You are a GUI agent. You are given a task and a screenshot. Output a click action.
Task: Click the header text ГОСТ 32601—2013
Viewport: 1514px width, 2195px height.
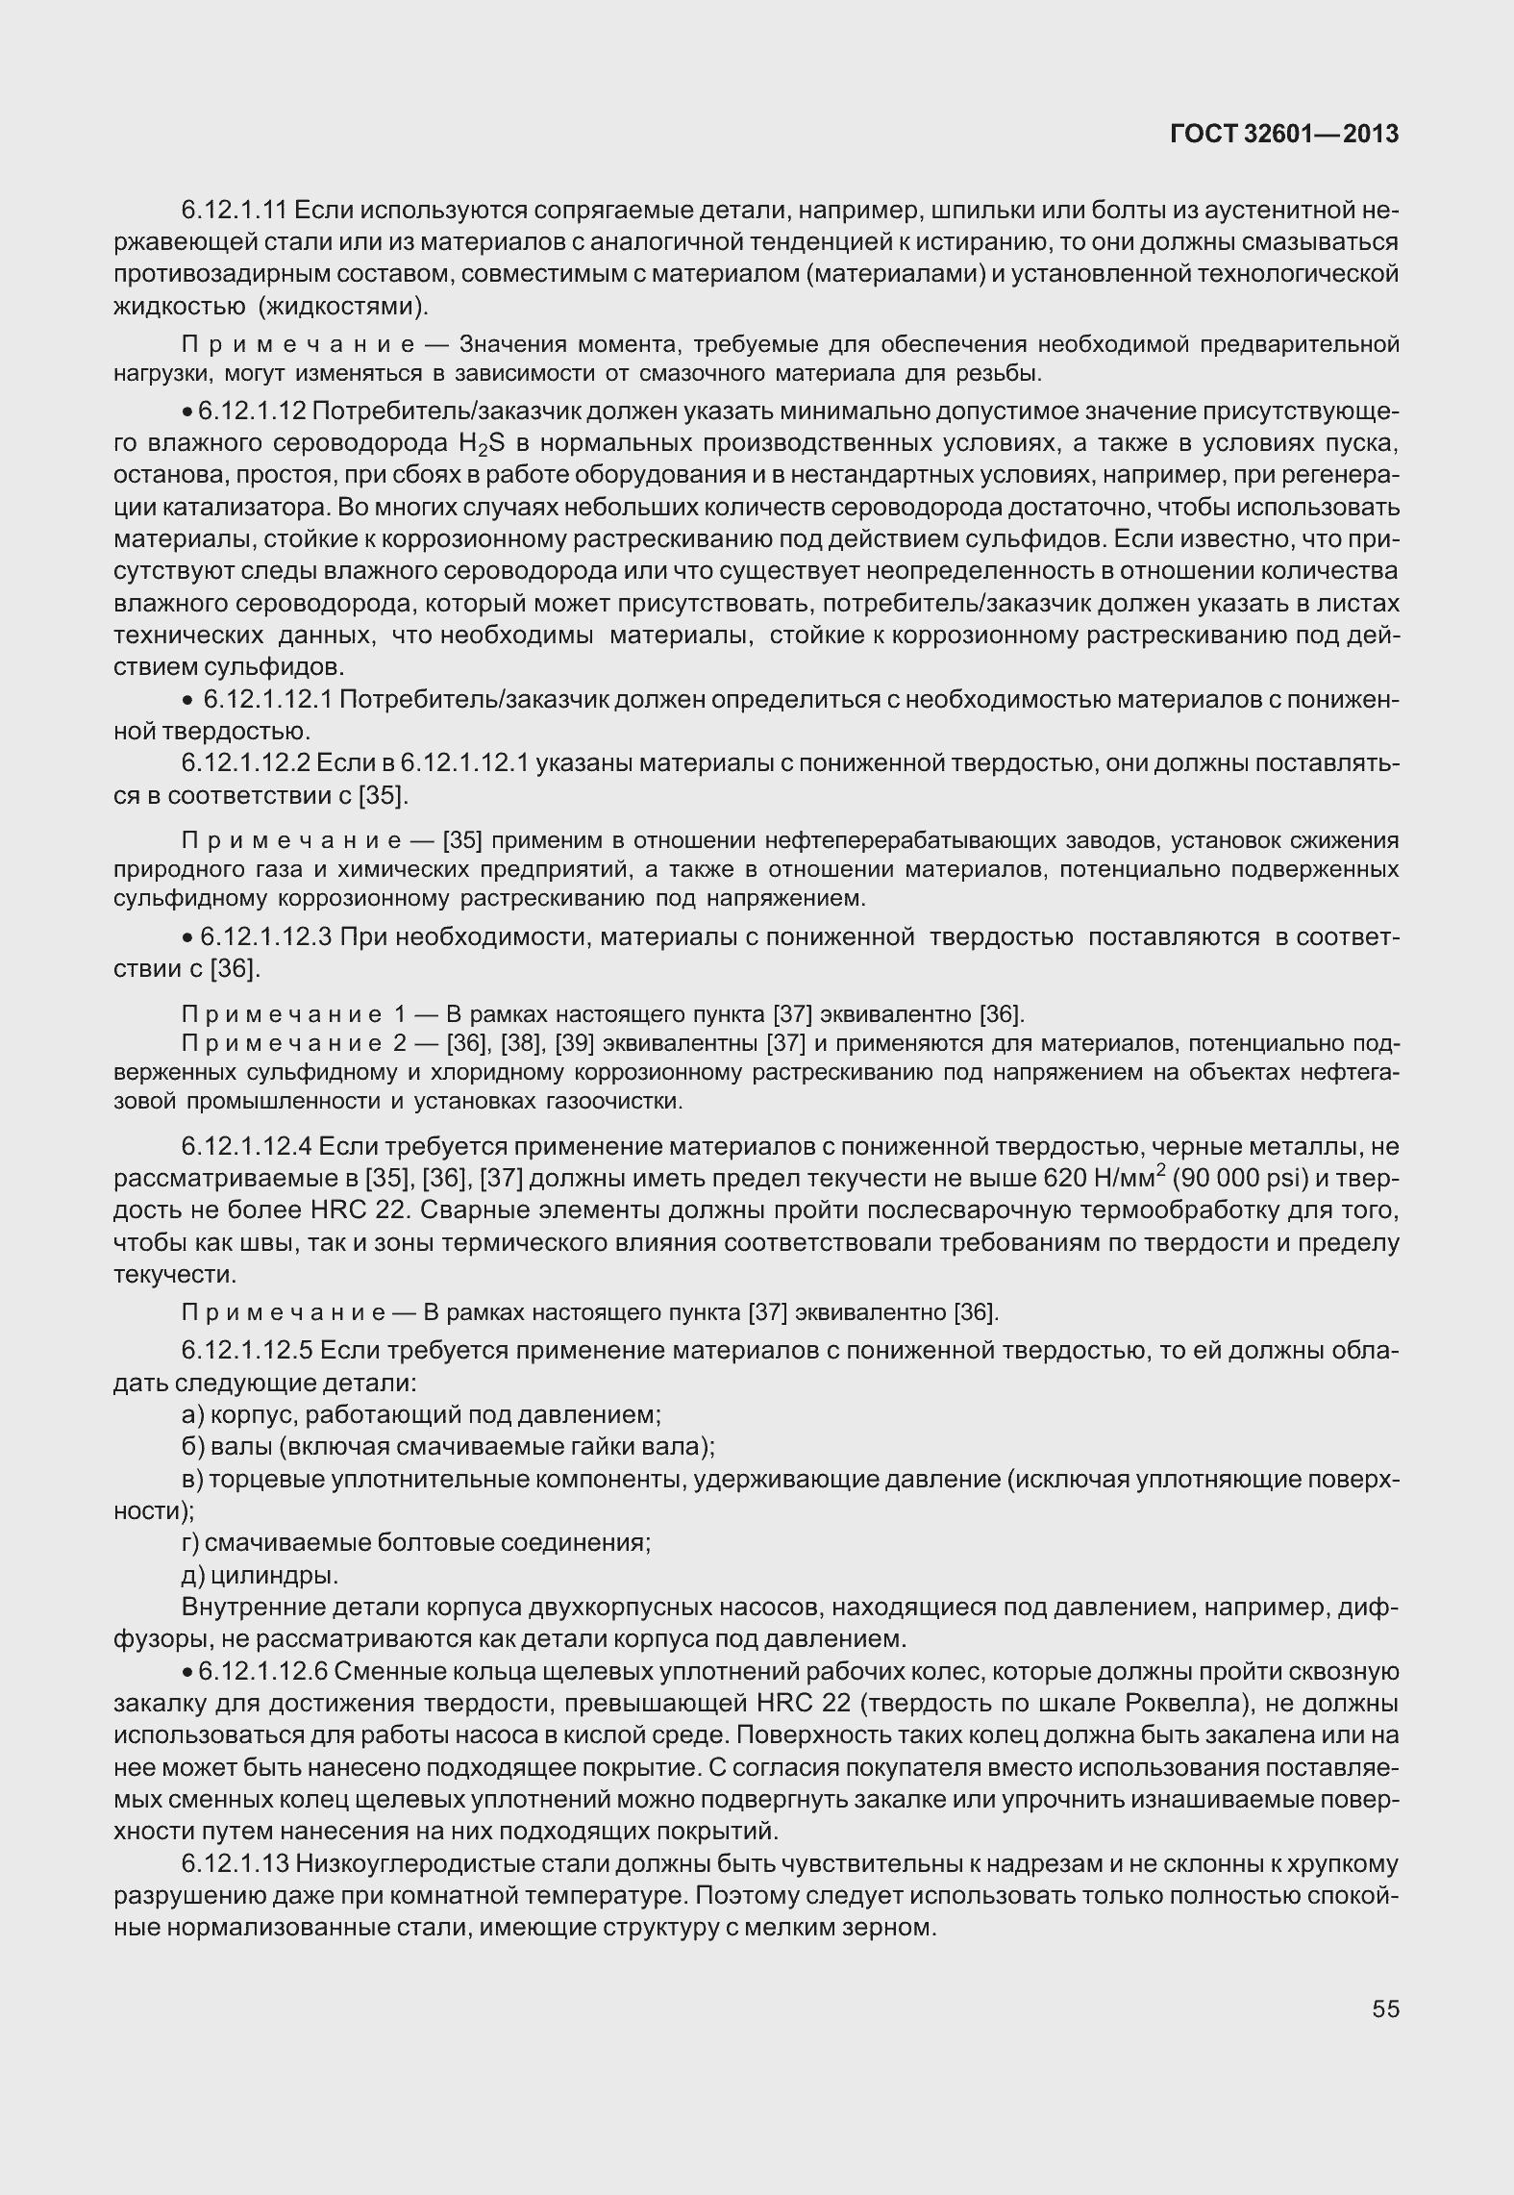1283,135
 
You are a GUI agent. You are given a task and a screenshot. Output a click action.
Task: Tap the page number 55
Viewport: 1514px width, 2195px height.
1385,2008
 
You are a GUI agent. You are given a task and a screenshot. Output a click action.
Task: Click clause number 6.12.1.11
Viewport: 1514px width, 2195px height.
234,210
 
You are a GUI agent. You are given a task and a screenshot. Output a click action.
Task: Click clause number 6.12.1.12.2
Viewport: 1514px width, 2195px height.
245,764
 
